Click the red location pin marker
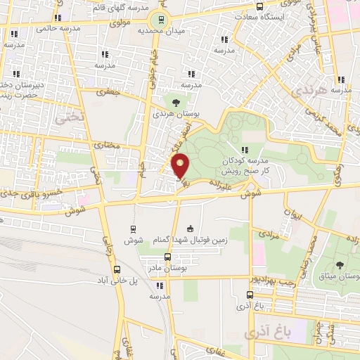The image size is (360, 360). (x=181, y=166)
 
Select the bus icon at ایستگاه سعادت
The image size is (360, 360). (x=261, y=6)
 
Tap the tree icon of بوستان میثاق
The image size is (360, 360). (x=340, y=265)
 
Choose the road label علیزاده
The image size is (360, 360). (x=219, y=182)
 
